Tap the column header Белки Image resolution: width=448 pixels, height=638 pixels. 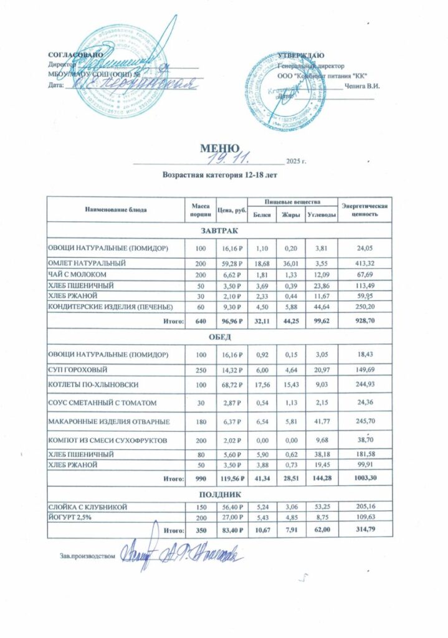pos(261,215)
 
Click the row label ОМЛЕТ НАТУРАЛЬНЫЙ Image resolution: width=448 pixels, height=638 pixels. pos(88,264)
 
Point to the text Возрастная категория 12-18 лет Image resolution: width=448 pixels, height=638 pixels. pos(219,176)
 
